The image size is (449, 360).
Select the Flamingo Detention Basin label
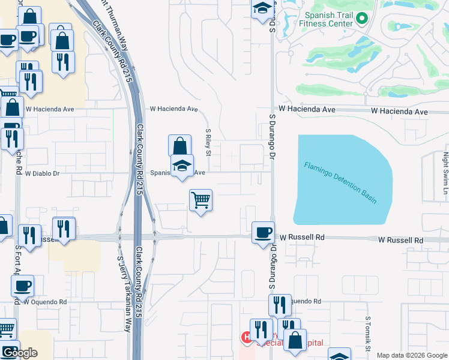tap(340, 183)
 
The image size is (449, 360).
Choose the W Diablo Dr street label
tap(43, 173)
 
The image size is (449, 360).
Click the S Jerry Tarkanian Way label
tap(124, 294)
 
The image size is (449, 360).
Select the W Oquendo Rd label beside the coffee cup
tap(46, 302)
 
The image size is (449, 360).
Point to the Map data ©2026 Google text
tap(411, 355)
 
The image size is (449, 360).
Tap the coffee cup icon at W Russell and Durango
tap(262, 232)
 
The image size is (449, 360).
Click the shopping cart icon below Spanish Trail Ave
tap(200, 200)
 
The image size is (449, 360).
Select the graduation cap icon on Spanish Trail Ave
tap(182, 166)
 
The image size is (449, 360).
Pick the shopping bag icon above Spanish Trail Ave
tap(179, 146)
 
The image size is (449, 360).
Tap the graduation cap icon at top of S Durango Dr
tap(262, 8)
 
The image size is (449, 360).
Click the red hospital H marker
tap(246, 338)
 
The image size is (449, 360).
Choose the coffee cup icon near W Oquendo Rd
tap(23, 286)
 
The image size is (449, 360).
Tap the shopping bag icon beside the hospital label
tap(295, 340)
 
